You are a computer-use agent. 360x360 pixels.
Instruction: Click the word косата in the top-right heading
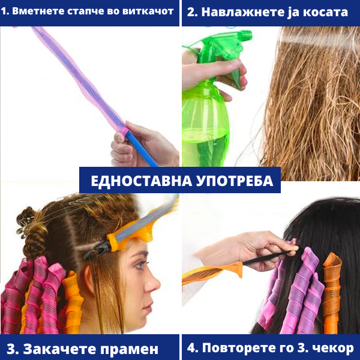pyautogui.click(x=325, y=12)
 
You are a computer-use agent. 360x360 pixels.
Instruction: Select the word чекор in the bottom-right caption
pyautogui.click(x=332, y=348)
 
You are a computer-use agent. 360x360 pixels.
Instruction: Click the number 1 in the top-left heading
pyautogui.click(x=5, y=11)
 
